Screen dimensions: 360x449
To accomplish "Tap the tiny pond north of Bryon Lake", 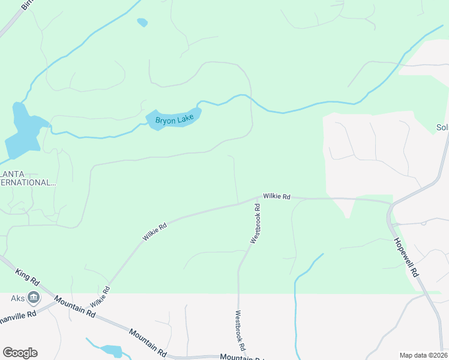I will coord(142,23).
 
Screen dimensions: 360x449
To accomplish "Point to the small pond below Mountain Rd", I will coord(112,350).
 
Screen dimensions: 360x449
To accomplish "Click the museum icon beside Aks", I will coord(34,298).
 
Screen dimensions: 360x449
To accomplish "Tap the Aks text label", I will coord(17,298).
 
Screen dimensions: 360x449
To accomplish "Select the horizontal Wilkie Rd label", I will coord(277,196).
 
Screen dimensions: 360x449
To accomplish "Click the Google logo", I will coord(20,353).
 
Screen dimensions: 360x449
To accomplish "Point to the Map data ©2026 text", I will coord(423,355).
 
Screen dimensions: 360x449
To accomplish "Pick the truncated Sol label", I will coord(442,128).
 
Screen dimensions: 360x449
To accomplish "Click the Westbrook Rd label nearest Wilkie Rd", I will coord(255,223).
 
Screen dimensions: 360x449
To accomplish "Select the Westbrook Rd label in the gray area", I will coord(240,330).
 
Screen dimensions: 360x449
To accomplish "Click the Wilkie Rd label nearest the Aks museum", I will coord(100,298).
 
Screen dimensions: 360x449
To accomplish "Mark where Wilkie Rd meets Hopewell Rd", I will coord(390,205).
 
